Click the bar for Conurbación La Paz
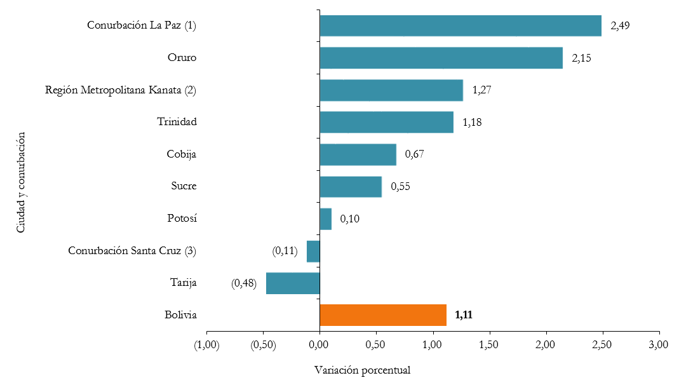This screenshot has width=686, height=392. (461, 25)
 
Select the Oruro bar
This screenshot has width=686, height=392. (441, 58)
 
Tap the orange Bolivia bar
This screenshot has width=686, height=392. (383, 315)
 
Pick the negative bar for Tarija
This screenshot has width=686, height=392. (293, 283)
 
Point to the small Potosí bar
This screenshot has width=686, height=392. (326, 219)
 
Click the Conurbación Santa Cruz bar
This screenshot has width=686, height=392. (313, 251)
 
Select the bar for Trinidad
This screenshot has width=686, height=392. (386, 122)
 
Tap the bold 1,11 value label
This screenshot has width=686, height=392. (464, 314)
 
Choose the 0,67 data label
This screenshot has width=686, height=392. (414, 154)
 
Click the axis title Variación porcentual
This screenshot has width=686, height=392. (362, 370)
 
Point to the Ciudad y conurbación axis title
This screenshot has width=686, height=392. (21, 182)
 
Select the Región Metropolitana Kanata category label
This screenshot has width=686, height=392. (121, 90)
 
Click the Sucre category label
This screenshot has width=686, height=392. (184, 186)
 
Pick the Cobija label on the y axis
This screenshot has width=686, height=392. (182, 154)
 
